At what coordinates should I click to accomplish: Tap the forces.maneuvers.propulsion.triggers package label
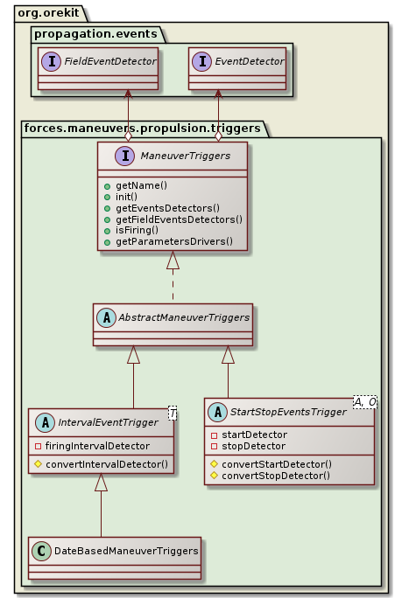click(x=141, y=128)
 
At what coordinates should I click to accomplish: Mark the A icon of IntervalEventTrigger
click(x=41, y=423)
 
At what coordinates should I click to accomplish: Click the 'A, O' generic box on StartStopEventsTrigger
click(x=365, y=402)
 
